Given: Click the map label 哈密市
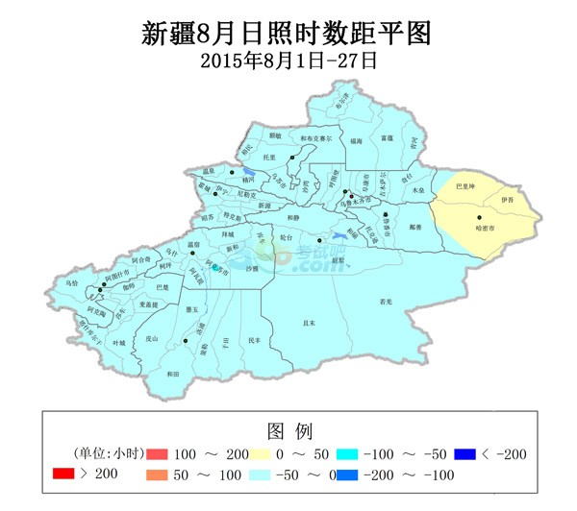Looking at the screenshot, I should [x=486, y=230].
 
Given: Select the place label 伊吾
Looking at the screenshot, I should [x=507, y=200].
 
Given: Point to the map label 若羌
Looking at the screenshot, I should [x=386, y=301].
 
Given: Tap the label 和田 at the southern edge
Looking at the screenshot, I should [x=173, y=374].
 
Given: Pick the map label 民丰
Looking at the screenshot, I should [x=254, y=340].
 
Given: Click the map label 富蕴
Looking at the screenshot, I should [x=387, y=138].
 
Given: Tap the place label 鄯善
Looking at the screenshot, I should [x=414, y=227].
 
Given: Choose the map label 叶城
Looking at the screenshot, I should [x=119, y=342].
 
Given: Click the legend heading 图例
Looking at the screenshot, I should [x=288, y=429].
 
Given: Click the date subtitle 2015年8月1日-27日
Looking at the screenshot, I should [x=288, y=60].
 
